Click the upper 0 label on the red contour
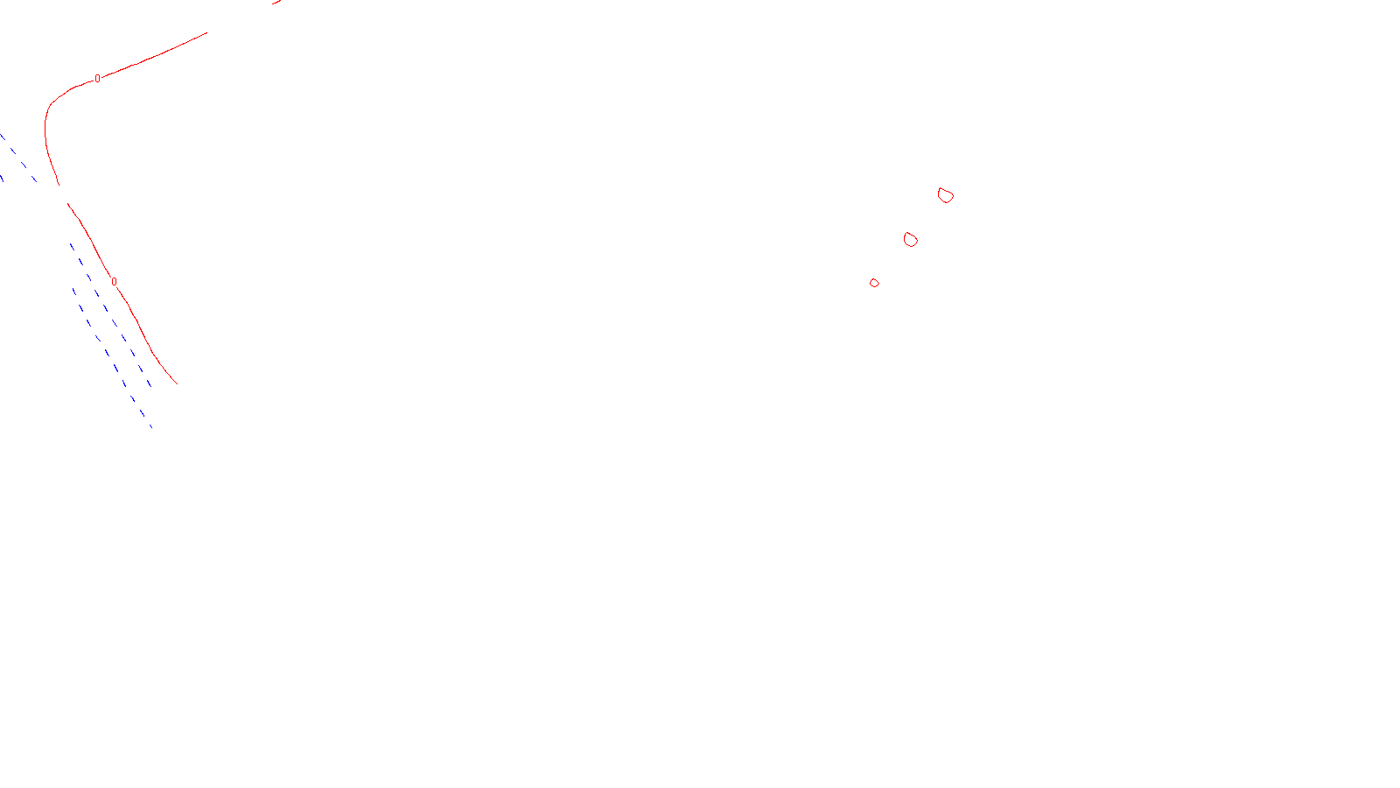[97, 79]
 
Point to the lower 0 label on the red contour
[114, 282]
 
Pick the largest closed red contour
[945, 195]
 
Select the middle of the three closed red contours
[910, 240]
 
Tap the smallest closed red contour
[874, 283]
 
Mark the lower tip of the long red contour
[177, 383]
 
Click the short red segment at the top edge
[277, 3]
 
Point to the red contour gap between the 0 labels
[63, 194]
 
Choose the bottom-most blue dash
[150, 425]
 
